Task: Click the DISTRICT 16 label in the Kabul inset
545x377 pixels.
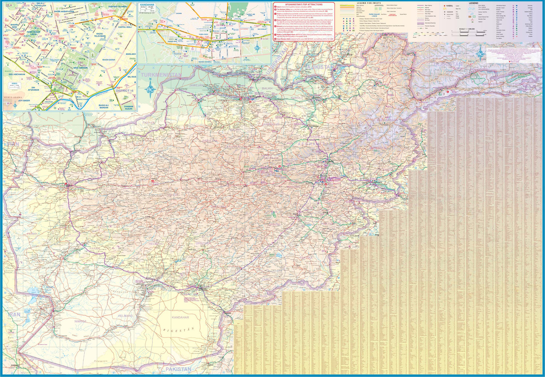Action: click(125, 91)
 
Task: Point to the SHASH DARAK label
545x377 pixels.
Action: click(109, 60)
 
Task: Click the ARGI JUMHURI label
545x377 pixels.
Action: click(81, 68)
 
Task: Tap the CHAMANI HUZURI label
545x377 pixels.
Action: click(129, 108)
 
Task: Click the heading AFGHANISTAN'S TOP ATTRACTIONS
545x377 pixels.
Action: click(304, 4)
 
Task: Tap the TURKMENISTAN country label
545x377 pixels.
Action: click(162, 75)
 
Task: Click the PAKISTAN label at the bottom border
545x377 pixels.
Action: click(178, 369)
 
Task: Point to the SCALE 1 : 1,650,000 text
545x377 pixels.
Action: click(467, 29)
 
